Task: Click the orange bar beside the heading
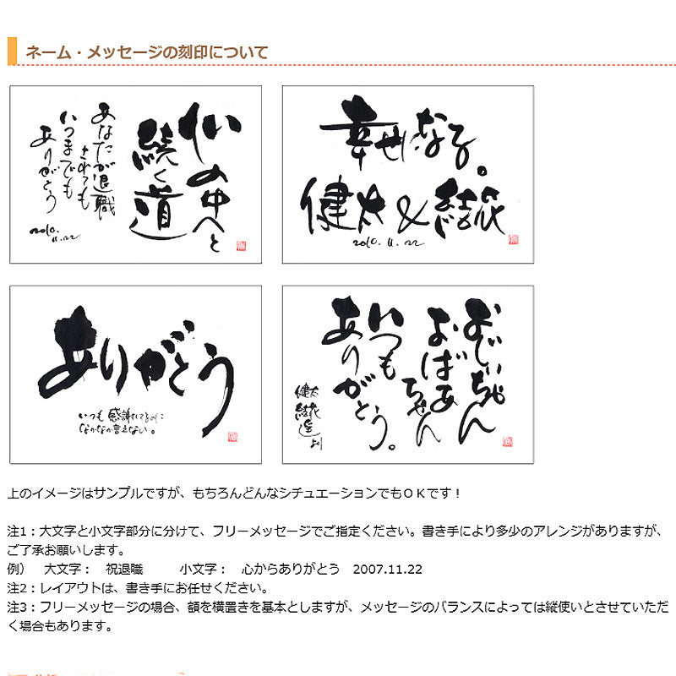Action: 12,52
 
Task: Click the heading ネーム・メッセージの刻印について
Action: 147,52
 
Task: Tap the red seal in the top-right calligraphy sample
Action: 513,239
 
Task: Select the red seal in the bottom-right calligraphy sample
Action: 507,441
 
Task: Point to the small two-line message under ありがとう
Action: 123,422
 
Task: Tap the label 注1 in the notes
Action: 18,532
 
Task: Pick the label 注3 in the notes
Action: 18,608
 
